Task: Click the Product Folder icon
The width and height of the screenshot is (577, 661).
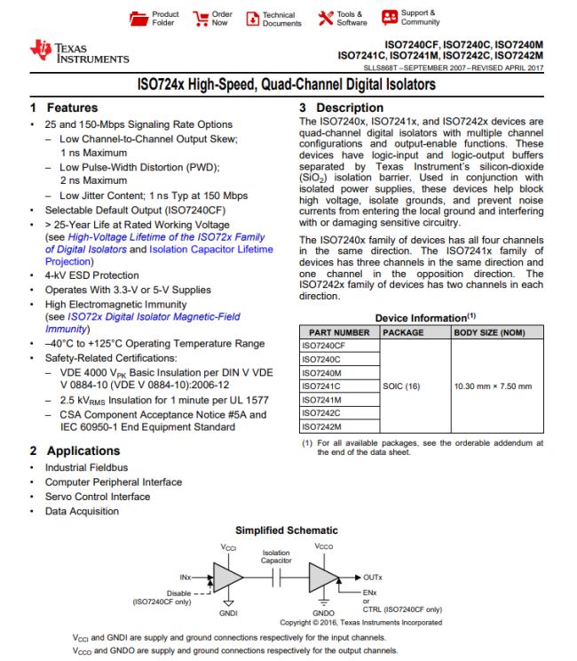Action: [x=138, y=18]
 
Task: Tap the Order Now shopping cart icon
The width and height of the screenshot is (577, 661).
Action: [x=199, y=18]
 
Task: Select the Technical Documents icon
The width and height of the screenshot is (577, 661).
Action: [x=251, y=18]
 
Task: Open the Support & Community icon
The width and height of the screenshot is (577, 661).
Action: [x=389, y=18]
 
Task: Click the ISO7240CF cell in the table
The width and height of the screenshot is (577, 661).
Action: [x=326, y=345]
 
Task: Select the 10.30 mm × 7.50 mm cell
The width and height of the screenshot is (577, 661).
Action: [x=493, y=386]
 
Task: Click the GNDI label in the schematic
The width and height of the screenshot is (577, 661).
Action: [x=228, y=613]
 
